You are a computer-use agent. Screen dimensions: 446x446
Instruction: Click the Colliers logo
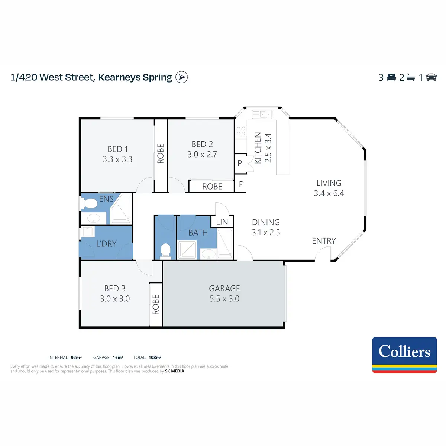tap(404, 355)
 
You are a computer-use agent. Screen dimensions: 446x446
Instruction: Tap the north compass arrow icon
tap(182, 77)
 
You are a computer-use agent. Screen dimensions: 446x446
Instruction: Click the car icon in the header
tap(431, 77)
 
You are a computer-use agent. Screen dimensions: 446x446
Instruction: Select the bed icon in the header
tap(391, 77)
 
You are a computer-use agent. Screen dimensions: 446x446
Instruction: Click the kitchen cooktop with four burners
tap(241, 131)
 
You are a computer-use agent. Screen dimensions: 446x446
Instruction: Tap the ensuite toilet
tap(89, 203)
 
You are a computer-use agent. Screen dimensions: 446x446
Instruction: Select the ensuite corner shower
tap(120, 209)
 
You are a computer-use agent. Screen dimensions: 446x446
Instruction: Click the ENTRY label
tap(324, 241)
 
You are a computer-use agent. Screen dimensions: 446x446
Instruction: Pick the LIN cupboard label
tap(222, 222)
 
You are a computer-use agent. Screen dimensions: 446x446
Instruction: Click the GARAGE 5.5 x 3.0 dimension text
tap(224, 298)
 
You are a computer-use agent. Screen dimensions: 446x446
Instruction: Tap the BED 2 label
tap(202, 144)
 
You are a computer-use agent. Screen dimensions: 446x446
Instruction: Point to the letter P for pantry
tap(240, 163)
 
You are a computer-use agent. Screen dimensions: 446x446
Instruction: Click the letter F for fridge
tap(241, 184)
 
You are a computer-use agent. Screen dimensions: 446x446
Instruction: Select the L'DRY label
tap(106, 243)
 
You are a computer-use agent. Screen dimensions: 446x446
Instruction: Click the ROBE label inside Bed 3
tap(156, 305)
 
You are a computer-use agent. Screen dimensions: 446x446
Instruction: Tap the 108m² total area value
tap(155, 357)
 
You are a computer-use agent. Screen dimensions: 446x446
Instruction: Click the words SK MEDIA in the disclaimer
tap(175, 371)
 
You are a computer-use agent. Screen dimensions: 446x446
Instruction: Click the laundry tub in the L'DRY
tap(88, 232)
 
